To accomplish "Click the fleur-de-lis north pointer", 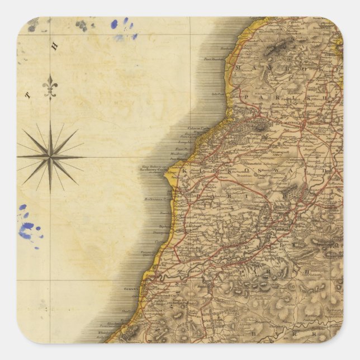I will coord(50,86).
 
